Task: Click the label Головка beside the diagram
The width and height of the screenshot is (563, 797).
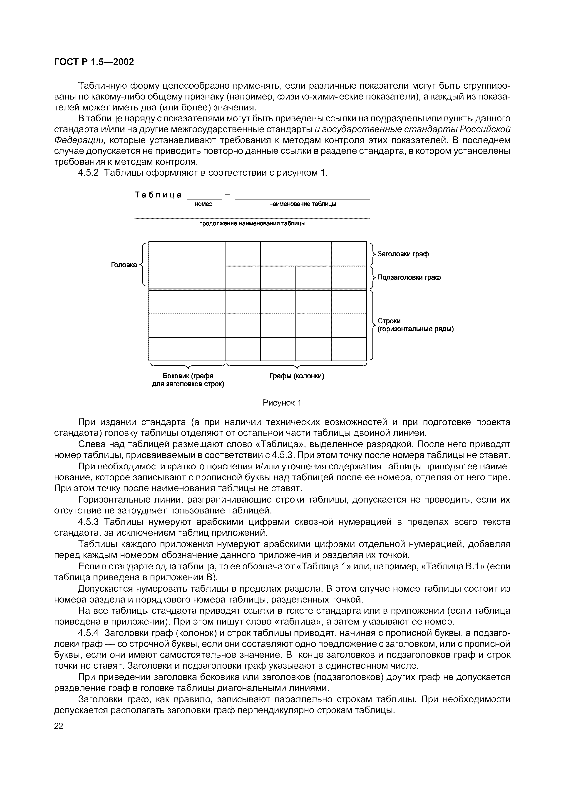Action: pos(124,265)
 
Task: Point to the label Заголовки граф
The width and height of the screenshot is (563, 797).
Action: pos(403,254)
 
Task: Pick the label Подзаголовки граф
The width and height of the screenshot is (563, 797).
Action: pos(409,277)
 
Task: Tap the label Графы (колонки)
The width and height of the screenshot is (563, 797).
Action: pos(297,376)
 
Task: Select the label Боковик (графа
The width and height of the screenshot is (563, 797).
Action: pos(188,376)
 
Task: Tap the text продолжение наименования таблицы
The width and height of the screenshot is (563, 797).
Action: pos(252,224)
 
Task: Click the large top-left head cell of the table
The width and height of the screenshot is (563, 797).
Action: pos(187,265)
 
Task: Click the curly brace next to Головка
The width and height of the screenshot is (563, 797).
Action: pos(142,265)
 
